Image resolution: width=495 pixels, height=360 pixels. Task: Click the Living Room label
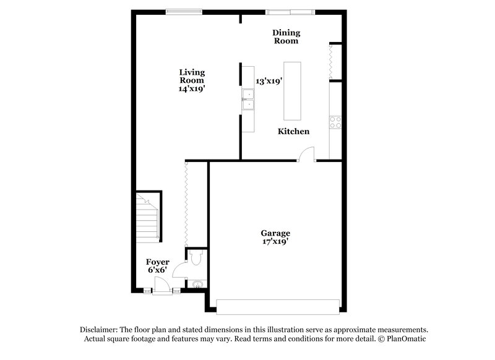pos(192,76)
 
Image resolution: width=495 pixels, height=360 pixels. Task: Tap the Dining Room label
pos(286,36)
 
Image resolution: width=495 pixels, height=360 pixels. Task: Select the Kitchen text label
pos(293,131)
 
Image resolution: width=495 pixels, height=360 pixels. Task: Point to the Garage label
pos(275,233)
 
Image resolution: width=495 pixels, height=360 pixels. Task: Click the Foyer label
pos(158,262)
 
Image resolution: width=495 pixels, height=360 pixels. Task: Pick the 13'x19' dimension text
pos(269,80)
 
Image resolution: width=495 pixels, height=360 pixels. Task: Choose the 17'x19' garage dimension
pos(275,242)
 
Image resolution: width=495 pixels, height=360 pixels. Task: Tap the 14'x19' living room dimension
pos(192,88)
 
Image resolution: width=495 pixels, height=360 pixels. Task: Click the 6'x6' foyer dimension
pos(158,271)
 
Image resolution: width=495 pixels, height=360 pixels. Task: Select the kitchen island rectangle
pos(293,91)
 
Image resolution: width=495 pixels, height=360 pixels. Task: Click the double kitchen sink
pos(249,100)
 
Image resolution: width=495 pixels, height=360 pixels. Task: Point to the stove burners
pos(335,122)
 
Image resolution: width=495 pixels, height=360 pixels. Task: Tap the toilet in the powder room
pos(196,257)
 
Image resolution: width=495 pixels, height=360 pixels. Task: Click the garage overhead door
pos(278,306)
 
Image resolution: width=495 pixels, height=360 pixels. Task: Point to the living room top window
pos(184,11)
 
